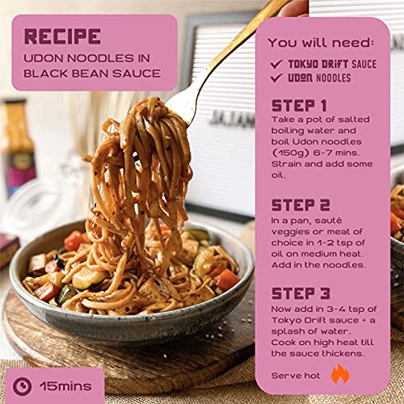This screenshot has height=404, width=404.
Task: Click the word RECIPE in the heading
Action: click(x=62, y=36)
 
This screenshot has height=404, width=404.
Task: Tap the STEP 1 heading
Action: click(x=299, y=106)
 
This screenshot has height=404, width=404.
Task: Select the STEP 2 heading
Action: click(x=301, y=205)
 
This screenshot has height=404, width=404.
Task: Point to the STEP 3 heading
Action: click(x=301, y=293)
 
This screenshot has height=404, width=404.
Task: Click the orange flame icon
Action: click(x=340, y=373)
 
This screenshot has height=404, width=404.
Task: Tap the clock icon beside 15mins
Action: click(x=22, y=386)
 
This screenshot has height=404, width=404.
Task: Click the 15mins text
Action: click(x=65, y=386)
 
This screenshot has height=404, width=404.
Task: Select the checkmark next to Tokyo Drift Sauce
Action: click(x=276, y=64)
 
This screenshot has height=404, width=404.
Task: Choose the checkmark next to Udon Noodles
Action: click(x=276, y=78)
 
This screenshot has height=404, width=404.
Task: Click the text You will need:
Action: click(x=321, y=43)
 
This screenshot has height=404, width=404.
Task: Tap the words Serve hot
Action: click(x=296, y=376)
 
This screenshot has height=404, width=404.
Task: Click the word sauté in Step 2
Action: click(x=328, y=221)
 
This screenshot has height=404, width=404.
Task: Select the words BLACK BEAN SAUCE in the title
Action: click(x=92, y=74)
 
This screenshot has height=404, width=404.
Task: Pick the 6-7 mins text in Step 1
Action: click(x=336, y=153)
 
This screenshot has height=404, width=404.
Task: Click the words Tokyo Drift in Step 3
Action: click(x=299, y=320)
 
